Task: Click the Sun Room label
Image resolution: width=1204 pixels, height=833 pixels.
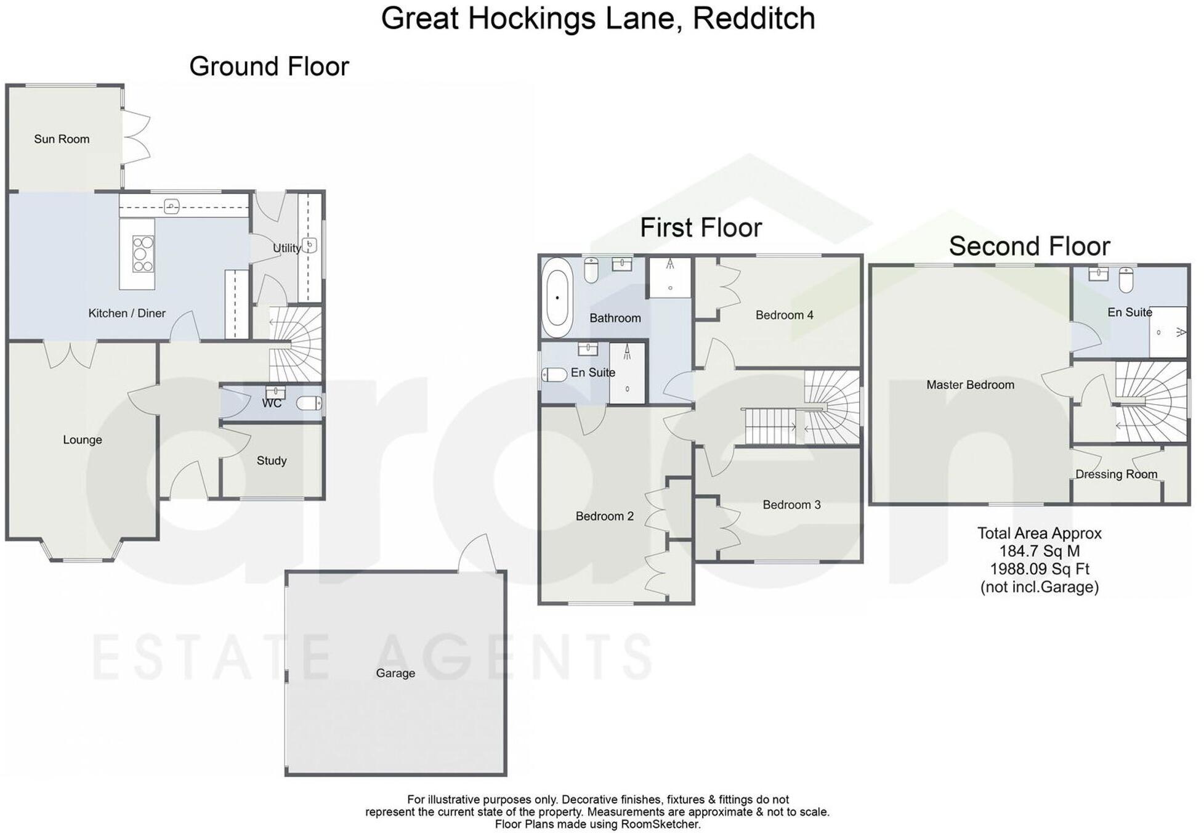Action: pos(62,139)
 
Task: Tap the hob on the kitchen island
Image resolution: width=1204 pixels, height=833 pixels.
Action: pos(143,254)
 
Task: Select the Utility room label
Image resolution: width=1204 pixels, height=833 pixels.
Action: pos(286,248)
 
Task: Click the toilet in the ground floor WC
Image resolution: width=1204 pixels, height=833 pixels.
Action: pos(309,404)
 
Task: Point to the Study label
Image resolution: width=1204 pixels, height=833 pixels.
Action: pos(272,461)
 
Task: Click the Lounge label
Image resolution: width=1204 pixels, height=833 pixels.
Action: pos(82,440)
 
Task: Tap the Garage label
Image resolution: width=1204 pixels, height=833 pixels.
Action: pos(395,673)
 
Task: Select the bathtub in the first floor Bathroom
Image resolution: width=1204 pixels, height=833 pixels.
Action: pos(557,298)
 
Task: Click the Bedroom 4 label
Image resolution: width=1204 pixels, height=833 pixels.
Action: pos(784,315)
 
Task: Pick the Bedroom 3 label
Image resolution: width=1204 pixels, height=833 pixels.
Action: pos(791,505)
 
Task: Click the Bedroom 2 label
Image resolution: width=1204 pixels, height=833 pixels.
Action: pos(604,516)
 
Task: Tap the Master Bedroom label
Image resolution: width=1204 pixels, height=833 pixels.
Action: pos(970,385)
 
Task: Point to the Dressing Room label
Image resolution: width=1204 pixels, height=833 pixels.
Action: pos(1116,474)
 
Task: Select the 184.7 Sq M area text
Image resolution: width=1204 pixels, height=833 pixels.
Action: pos(1039,551)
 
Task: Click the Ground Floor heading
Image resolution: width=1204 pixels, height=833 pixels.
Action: pos(269,67)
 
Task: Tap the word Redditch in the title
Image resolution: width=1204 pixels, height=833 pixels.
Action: pos(754,18)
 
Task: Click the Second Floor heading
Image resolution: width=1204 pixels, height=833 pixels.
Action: pos(1029,246)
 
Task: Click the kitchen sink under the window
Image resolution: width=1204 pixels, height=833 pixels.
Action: pos(172,206)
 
